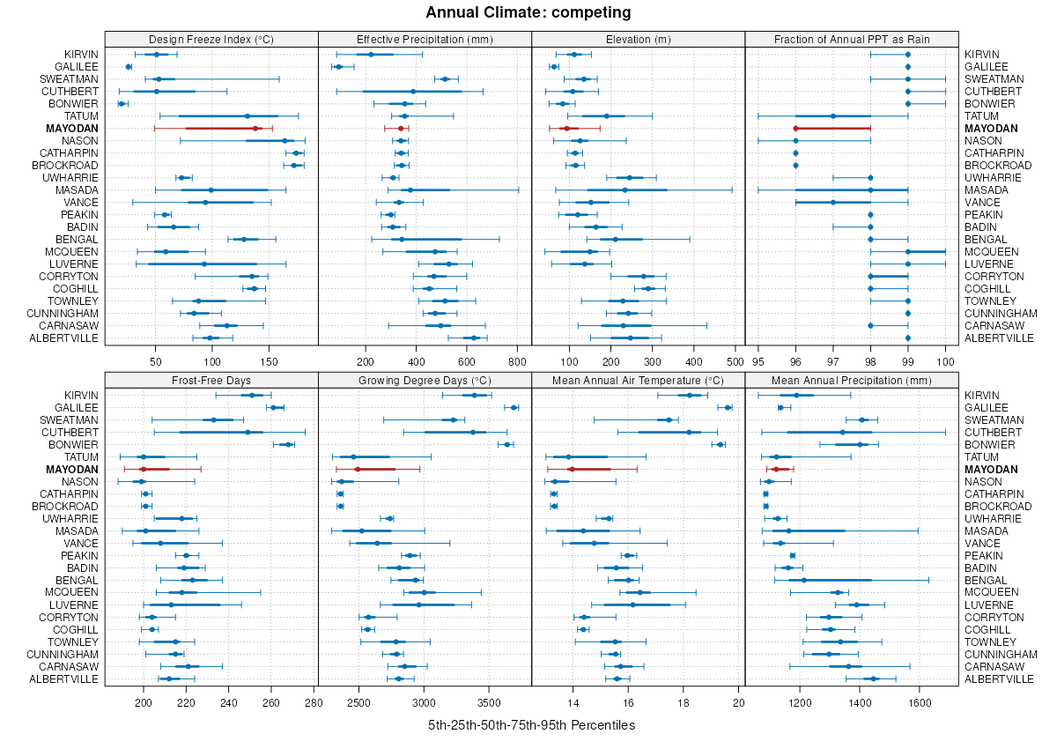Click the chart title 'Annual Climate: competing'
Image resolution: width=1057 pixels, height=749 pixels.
(x=528, y=12)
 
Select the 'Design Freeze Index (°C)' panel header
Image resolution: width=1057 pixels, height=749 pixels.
(x=211, y=39)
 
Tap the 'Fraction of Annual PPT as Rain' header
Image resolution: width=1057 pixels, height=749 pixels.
(x=851, y=39)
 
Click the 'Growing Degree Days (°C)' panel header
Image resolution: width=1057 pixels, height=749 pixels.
(x=425, y=380)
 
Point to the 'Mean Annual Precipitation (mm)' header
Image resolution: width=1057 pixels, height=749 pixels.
(x=851, y=380)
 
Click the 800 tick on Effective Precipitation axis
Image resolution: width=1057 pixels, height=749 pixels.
(x=518, y=361)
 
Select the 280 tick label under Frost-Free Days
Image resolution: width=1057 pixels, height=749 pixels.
(x=314, y=702)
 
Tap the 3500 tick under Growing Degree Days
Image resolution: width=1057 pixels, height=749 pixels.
(x=490, y=702)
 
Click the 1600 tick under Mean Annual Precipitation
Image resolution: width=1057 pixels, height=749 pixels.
(x=920, y=702)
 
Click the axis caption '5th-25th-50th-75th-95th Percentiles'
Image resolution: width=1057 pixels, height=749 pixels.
(x=531, y=725)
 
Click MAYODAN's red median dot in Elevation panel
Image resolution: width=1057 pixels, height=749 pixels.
(x=566, y=129)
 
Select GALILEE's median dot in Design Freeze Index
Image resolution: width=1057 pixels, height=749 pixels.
(x=129, y=67)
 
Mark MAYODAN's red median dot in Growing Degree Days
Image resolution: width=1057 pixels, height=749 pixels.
(x=357, y=469)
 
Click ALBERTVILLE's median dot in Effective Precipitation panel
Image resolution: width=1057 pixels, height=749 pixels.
(x=474, y=337)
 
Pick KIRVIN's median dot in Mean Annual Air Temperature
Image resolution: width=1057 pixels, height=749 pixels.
(x=690, y=395)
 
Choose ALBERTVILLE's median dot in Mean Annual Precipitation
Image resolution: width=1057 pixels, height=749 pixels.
(x=873, y=679)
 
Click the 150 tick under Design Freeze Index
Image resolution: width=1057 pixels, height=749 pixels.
(x=270, y=361)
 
